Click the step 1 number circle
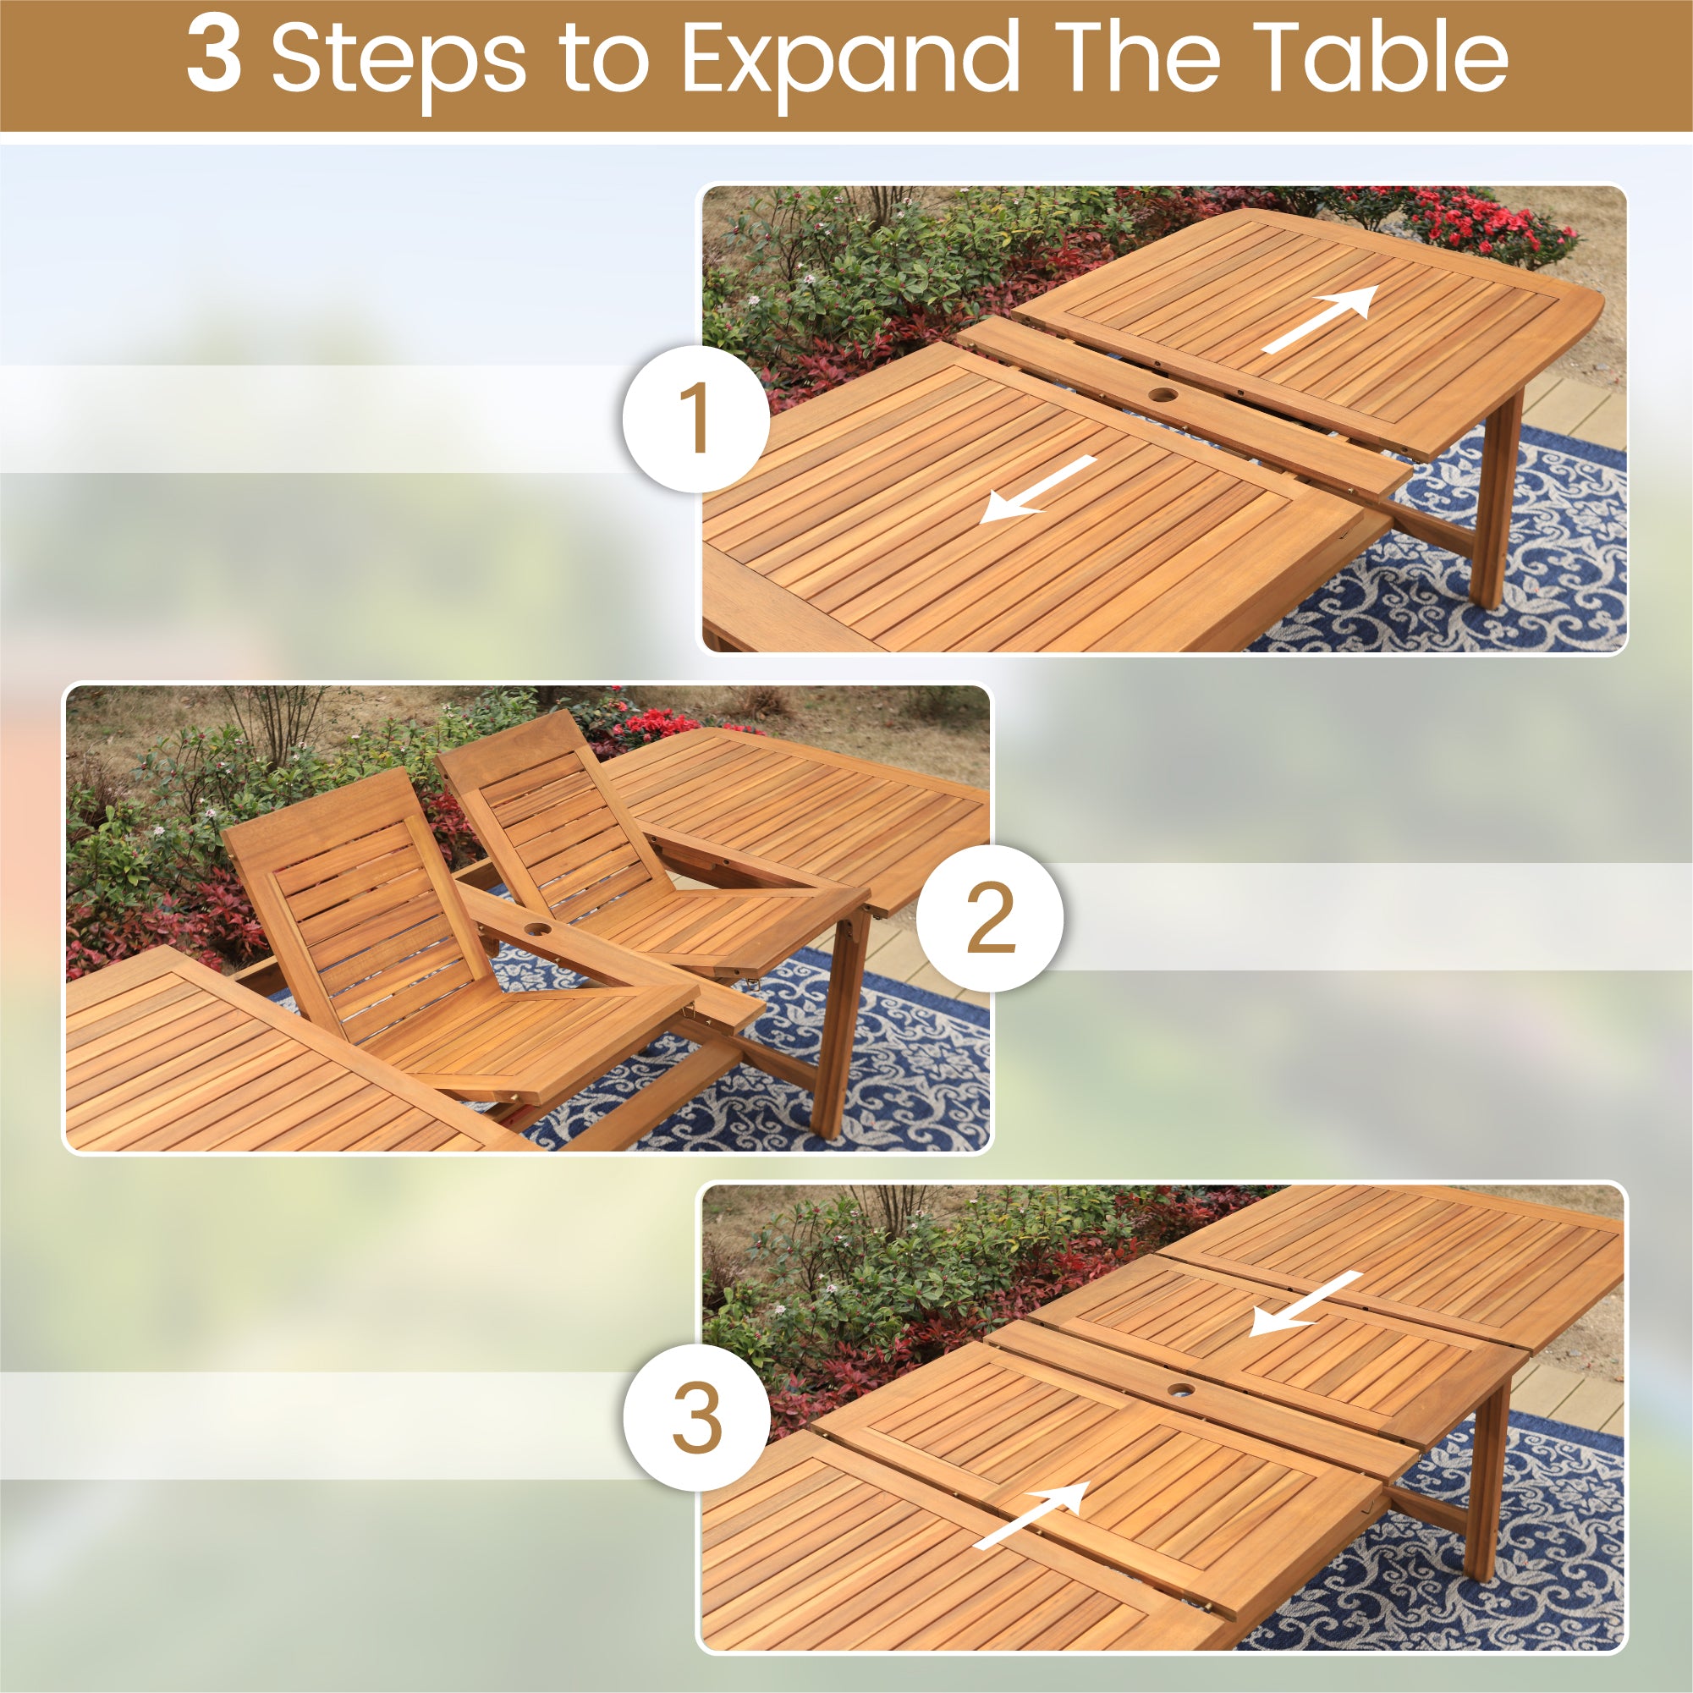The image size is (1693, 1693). coord(695,418)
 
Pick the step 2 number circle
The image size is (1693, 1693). coord(990,918)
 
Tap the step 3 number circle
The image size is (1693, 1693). coord(696,1417)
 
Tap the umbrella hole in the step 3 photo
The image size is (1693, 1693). coord(1180,1390)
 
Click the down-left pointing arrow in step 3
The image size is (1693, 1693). coord(1305,1304)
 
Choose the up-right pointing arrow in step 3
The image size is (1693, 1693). coord(1031,1515)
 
